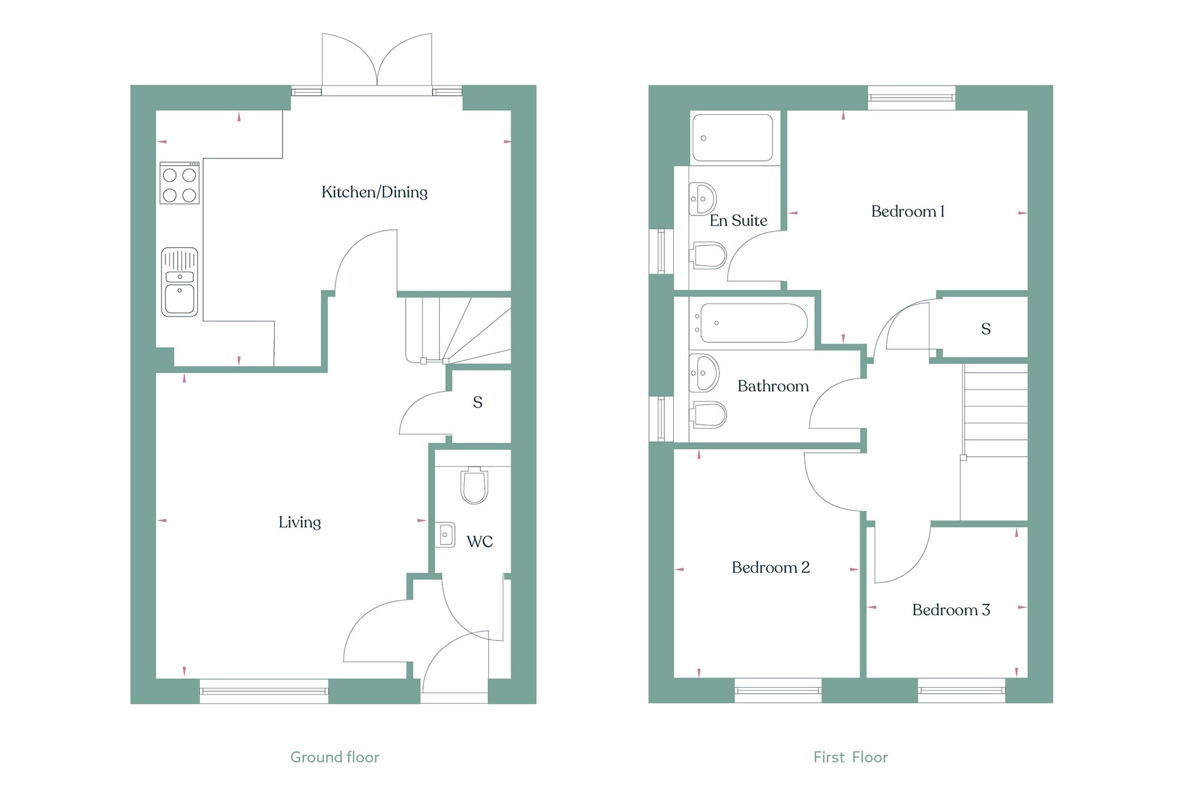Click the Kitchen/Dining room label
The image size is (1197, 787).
click(x=375, y=192)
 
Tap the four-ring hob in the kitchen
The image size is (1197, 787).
click(x=180, y=183)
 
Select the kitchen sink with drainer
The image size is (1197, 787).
click(x=180, y=282)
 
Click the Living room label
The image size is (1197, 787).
click(x=300, y=522)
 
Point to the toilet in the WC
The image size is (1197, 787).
click(x=475, y=485)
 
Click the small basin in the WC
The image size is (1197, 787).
click(x=445, y=534)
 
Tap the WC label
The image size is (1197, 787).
click(x=480, y=542)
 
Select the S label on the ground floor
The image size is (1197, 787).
click(x=478, y=402)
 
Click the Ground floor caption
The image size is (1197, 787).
click(x=335, y=757)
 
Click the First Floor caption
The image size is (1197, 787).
click(x=850, y=757)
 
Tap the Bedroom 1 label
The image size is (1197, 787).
click(x=908, y=211)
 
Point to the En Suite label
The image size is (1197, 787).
click(x=739, y=221)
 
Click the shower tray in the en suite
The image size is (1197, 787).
click(x=733, y=138)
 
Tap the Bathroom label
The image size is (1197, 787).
click(x=773, y=386)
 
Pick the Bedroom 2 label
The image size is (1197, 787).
click(x=771, y=567)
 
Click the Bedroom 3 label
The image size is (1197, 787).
click(x=951, y=610)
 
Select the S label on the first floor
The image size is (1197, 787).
click(x=986, y=329)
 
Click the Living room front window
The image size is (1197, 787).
click(x=264, y=691)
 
